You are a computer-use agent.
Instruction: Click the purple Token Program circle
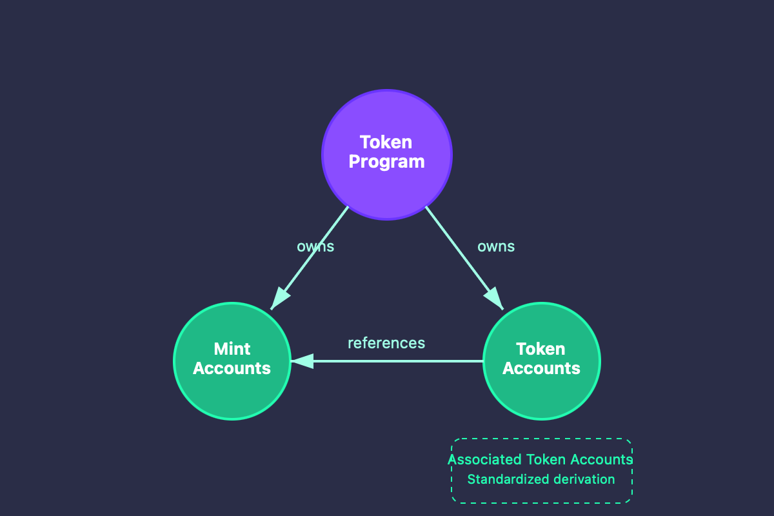coord(387,187)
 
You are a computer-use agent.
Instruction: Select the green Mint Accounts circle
coord(232,393)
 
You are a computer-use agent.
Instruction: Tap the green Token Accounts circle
coord(542,393)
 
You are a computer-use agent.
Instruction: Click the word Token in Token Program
coord(386,142)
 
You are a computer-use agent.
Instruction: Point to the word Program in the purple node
coord(386,161)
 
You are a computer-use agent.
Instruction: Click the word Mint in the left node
coord(232,349)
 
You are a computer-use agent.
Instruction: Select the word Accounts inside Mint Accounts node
coord(232,368)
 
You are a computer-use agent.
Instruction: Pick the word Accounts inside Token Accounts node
coord(541,368)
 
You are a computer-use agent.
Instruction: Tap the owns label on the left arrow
coord(315,246)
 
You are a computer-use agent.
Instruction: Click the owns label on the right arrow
coord(496,246)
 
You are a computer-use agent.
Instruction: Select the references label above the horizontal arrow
coord(386,343)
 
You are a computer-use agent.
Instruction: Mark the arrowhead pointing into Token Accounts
coord(495,299)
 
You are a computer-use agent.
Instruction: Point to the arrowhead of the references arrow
coord(302,361)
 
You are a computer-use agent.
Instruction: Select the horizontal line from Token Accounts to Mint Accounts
coord(400,361)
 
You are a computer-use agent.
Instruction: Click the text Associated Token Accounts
coord(541,460)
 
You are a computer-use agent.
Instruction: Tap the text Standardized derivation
coord(541,479)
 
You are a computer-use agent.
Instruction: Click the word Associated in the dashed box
coord(484,460)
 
